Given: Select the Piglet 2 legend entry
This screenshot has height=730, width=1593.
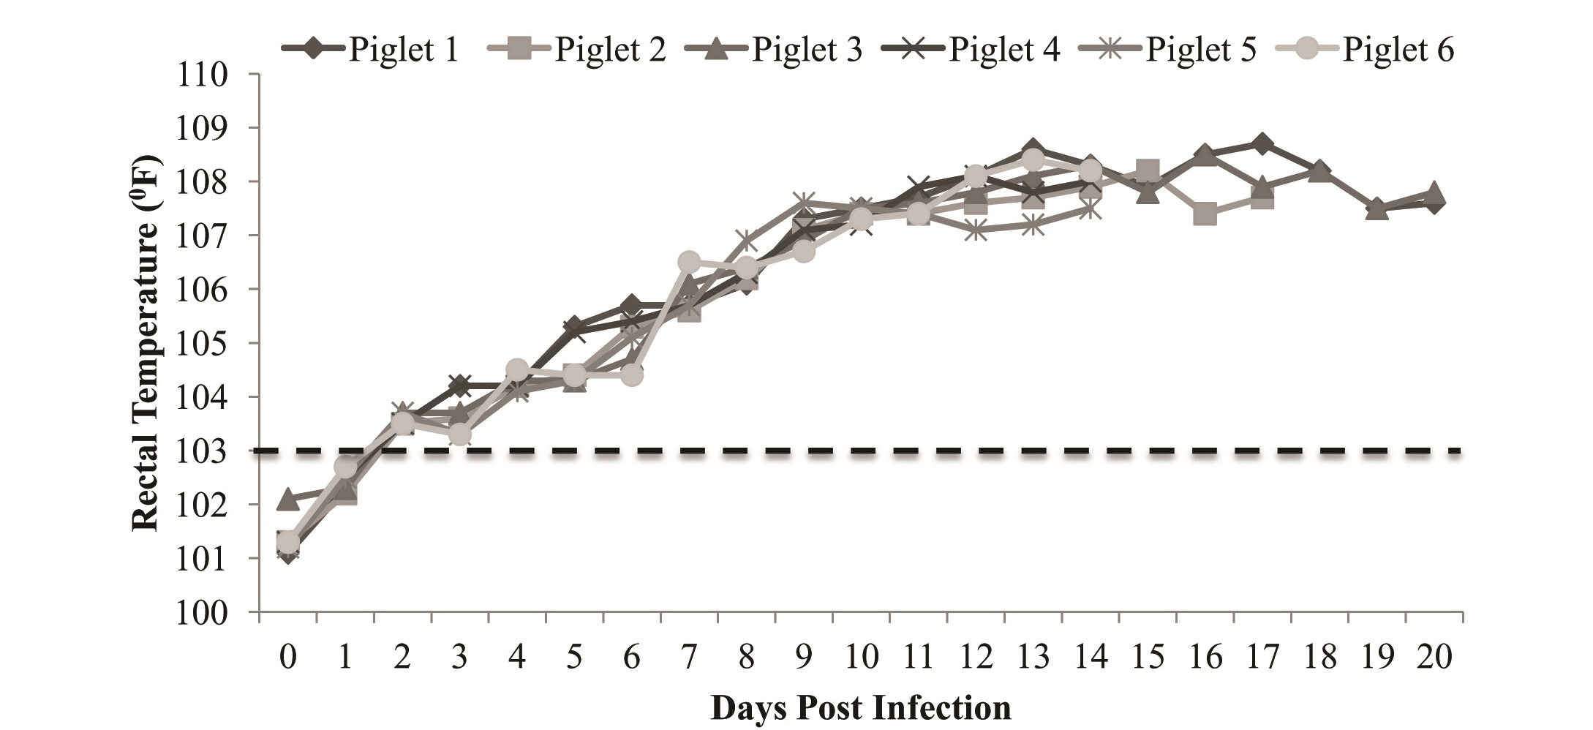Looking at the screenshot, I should [576, 50].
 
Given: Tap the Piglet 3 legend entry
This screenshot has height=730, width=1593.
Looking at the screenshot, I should [775, 50].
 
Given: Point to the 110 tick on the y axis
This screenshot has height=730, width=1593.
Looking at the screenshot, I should [202, 75].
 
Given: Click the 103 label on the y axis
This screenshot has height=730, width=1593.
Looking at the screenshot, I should [202, 451].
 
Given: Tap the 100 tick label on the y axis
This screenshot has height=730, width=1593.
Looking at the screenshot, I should [202, 612].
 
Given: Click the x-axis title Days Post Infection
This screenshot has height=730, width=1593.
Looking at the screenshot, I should [861, 708].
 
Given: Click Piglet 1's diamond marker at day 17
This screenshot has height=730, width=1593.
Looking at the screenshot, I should [1262, 143].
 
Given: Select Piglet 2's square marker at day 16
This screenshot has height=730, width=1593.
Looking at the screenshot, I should [1205, 214].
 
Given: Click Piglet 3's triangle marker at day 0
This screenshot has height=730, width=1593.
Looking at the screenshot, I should [288, 500].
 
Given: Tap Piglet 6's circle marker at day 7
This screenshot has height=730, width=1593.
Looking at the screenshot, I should [689, 262].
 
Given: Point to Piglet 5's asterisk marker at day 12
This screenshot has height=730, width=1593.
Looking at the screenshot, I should [976, 230].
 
